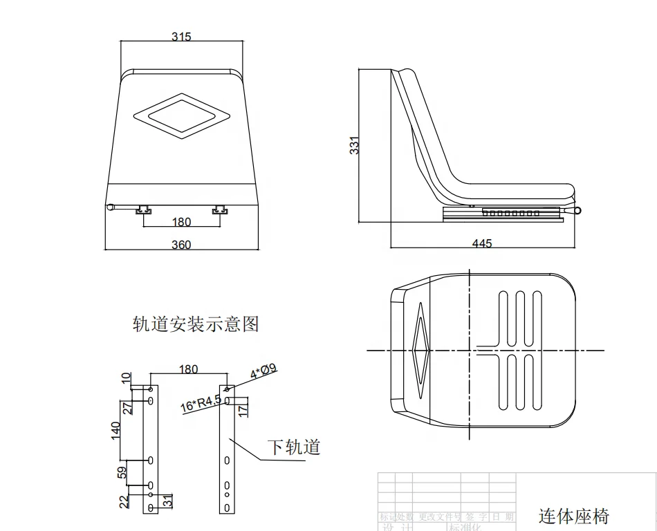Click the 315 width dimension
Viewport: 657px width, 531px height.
(181, 37)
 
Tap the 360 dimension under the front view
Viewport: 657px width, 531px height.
(181, 244)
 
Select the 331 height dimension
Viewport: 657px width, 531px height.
(355, 145)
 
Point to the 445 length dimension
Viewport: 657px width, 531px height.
(482, 243)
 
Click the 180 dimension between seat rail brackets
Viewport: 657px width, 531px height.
(181, 222)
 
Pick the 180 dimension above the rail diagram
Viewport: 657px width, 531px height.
(188, 369)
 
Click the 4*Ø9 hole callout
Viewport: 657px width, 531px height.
(263, 372)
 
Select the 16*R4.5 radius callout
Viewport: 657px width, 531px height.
(201, 403)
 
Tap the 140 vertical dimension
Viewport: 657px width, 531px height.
(116, 429)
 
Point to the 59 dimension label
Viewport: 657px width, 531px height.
(122, 473)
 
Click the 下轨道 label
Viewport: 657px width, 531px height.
(294, 447)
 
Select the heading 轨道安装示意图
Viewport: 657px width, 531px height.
(196, 324)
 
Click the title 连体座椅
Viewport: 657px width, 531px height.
(574, 515)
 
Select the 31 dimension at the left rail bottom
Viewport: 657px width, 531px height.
(167, 501)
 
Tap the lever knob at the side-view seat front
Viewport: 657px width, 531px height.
(578, 209)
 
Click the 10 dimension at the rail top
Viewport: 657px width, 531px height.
(126, 378)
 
